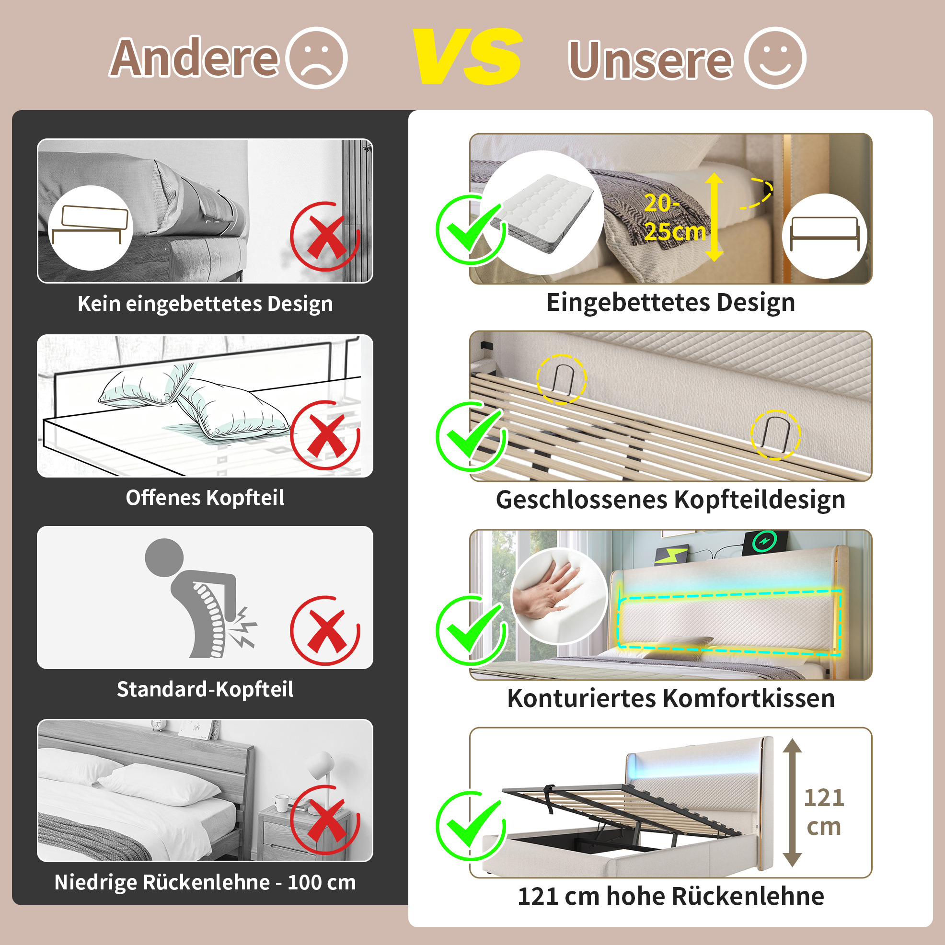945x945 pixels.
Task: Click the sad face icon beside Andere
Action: point(316,58)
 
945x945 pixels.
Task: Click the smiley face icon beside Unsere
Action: point(775,58)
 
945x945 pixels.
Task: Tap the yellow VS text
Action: point(468,56)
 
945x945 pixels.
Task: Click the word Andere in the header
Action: point(194,58)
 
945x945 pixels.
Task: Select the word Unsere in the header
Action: point(650,60)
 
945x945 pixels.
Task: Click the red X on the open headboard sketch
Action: point(325,435)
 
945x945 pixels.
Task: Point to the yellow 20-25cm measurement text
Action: point(674,217)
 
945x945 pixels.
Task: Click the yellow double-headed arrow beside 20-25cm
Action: point(714,216)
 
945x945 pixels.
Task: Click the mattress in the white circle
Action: point(542,213)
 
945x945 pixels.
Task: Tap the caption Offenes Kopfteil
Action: point(205,498)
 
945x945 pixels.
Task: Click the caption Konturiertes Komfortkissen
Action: point(671,698)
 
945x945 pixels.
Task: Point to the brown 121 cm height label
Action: point(824,812)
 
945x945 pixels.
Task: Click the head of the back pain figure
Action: point(164,558)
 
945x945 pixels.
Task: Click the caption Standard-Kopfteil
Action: point(205,689)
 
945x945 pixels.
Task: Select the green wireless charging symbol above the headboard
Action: point(764,541)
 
